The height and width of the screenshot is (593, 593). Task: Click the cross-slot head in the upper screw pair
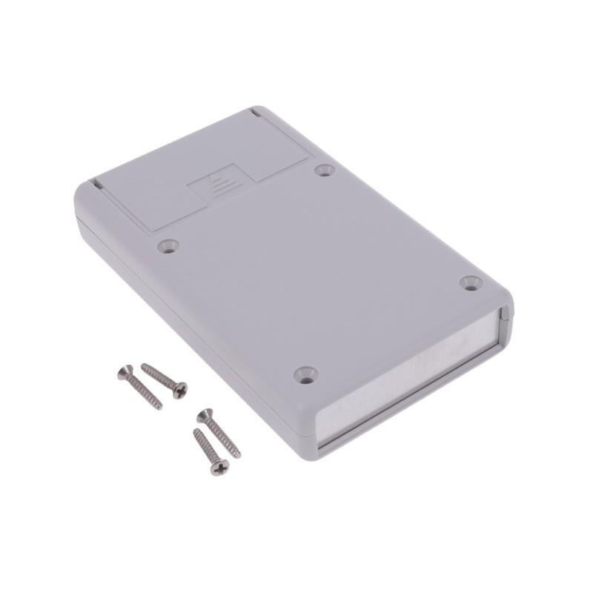pos(180,389)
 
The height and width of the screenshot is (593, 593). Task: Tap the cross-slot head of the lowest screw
pos(220,468)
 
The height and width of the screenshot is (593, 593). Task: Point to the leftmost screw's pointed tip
pos(160,407)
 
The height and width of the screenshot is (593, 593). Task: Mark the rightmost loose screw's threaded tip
pos(239,455)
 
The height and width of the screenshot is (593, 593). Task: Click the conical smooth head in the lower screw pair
pos(204,415)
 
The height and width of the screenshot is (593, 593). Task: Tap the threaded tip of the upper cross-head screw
pos(144,365)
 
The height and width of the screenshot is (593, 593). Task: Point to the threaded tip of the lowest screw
pos(196,432)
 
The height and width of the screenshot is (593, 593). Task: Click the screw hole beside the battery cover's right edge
pos(325,170)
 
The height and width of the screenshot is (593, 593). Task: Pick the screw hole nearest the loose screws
pos(305,374)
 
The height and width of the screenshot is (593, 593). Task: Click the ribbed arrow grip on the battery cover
pos(219,185)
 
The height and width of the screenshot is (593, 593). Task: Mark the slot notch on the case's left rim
pos(96,182)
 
